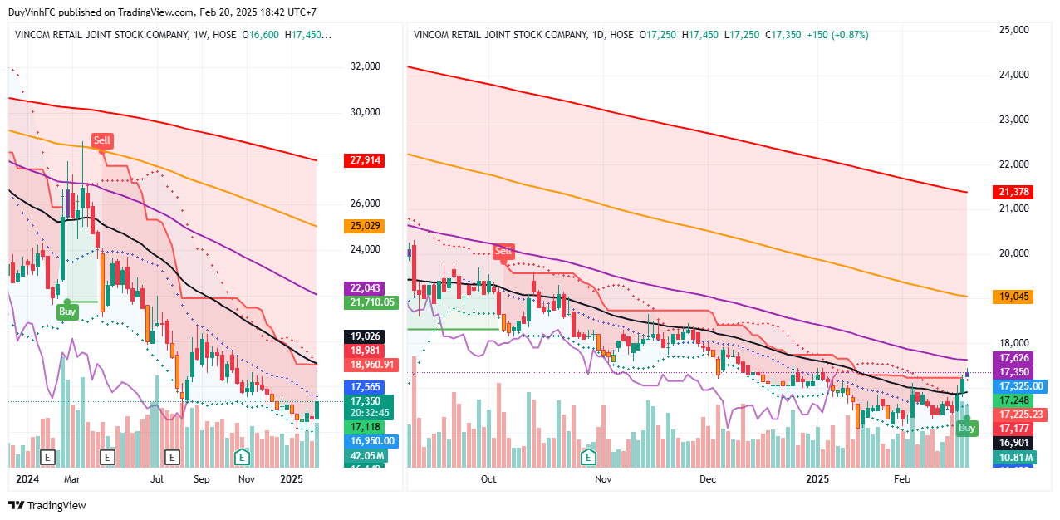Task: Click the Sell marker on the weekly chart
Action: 101,140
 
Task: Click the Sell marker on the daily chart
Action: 503,251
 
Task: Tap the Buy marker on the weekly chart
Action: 67,312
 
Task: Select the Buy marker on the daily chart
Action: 967,428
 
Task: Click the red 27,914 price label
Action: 363,160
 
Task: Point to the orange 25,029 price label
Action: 363,226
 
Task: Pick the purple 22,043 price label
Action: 363,288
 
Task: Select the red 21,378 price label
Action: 1014,192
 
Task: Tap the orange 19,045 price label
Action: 1014,297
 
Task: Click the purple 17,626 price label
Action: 1014,357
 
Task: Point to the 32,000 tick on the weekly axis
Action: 366,66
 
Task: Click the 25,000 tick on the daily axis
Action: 1013,29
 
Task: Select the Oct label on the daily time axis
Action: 488,479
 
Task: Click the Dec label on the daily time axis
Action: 708,479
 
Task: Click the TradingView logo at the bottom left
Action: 47,505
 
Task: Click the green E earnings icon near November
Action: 243,456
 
